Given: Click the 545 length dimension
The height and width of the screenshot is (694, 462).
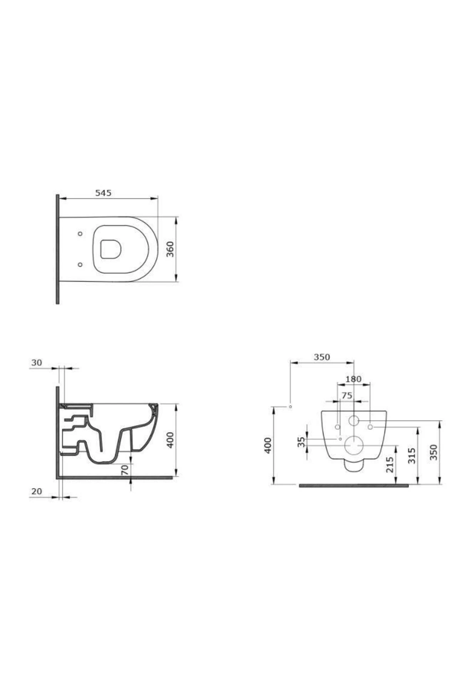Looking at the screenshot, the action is coord(103,193).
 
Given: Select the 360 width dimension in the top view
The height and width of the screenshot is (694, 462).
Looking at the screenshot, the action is coord(170,249).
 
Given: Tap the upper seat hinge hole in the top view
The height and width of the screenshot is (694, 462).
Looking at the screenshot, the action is coord(80,234).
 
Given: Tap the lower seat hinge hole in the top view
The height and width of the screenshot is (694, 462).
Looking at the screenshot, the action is coord(80,264).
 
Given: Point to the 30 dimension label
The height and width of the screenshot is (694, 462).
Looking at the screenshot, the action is coord(37,363).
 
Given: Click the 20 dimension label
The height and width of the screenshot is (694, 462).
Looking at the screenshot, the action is coord(37,491).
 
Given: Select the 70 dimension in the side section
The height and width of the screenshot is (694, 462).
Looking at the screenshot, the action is coord(124,470).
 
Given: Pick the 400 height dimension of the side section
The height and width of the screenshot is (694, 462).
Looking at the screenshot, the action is coord(170,440).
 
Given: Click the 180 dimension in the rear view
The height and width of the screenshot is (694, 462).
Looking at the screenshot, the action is coord(353,379).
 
